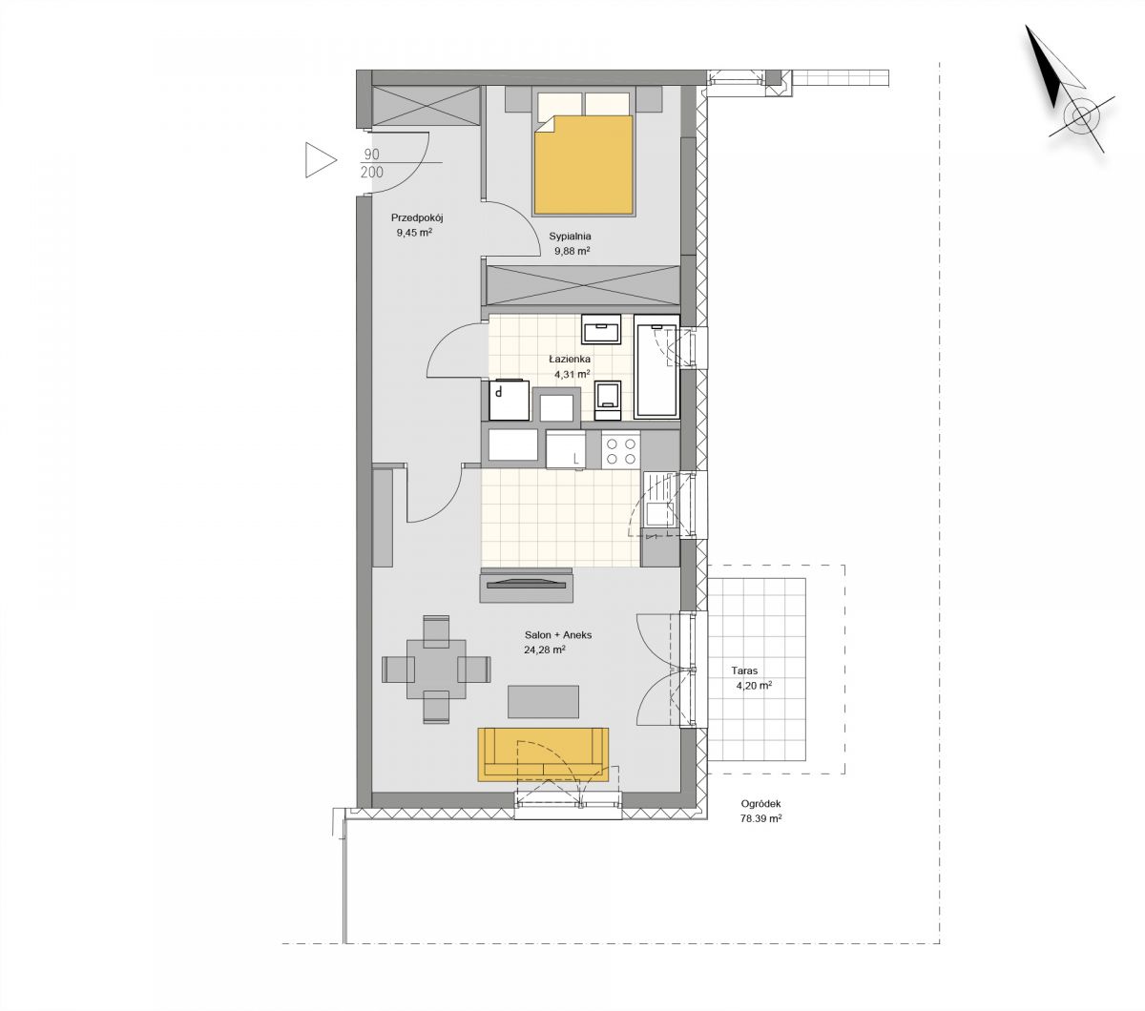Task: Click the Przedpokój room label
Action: [418, 217]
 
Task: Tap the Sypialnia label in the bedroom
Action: [571, 237]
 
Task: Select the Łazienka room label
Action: [571, 359]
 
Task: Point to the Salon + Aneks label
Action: [558, 634]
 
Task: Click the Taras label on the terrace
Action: [744, 671]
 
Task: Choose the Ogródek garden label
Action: [760, 804]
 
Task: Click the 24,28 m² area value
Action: [545, 650]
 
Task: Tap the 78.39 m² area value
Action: [760, 818]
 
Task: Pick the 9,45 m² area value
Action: [414, 233]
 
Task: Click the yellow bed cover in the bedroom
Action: [583, 165]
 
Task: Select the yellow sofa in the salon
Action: [543, 754]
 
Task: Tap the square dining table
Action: [436, 670]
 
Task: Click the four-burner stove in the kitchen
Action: [620, 450]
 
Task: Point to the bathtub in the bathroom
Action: [656, 367]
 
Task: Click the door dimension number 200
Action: [372, 173]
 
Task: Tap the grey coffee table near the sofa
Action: [543, 701]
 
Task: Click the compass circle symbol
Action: [1081, 117]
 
